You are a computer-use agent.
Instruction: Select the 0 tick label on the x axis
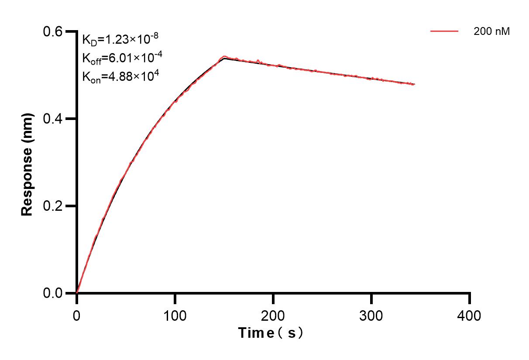[77, 315]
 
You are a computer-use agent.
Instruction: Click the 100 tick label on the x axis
[175, 315]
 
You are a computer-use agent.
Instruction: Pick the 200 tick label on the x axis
[273, 315]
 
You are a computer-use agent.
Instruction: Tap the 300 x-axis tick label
[371, 315]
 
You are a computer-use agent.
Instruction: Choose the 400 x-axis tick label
[470, 315]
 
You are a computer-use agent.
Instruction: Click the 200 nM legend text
[492, 31]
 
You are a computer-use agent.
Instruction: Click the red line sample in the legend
[444, 31]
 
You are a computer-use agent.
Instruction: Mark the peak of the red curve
[224, 56]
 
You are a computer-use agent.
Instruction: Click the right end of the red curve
[414, 84]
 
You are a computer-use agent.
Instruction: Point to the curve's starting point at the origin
[77, 293]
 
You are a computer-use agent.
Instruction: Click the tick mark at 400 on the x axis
[470, 298]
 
